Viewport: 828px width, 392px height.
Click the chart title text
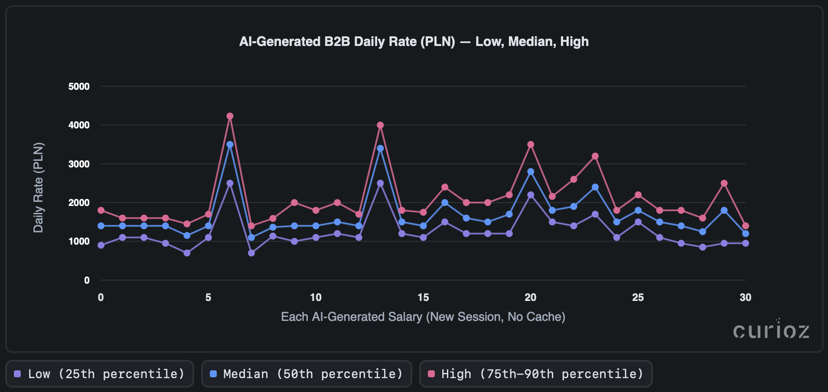(x=414, y=42)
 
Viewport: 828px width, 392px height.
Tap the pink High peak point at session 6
(x=230, y=116)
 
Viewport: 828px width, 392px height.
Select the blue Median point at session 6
(x=230, y=144)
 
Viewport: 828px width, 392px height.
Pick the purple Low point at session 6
(x=230, y=183)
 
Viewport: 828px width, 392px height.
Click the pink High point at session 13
(x=380, y=125)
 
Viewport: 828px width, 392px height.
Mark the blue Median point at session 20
(x=531, y=172)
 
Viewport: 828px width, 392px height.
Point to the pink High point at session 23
(x=595, y=156)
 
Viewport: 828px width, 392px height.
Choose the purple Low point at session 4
(x=187, y=253)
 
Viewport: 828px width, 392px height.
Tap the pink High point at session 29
(x=724, y=183)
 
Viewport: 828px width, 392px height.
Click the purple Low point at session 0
(x=101, y=245)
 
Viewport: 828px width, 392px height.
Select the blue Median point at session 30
(x=746, y=234)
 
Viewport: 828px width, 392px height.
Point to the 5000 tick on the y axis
(x=79, y=87)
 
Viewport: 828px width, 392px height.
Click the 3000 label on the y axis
(x=79, y=164)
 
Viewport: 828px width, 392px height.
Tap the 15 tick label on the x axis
(x=423, y=297)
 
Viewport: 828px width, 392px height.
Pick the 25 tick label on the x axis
(x=638, y=297)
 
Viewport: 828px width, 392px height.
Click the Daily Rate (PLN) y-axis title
(x=39, y=187)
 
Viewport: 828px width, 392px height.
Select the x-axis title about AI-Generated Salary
(x=423, y=317)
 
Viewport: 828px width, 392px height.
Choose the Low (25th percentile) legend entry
(x=100, y=374)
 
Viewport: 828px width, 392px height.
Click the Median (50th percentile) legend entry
(x=306, y=374)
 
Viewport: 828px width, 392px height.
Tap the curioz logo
(x=771, y=331)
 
